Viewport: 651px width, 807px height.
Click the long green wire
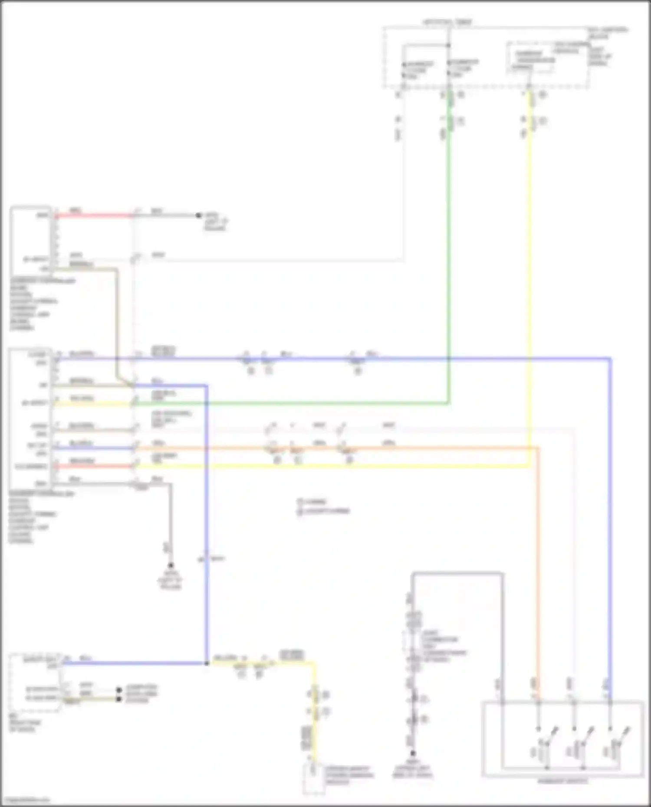tap(449, 260)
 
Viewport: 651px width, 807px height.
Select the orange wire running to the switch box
tap(538, 564)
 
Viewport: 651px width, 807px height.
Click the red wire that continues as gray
tap(93, 215)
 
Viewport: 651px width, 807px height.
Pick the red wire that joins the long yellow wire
tap(93, 466)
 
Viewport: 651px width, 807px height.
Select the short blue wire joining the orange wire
tap(93, 448)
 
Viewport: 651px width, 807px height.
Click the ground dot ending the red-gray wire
tap(198, 215)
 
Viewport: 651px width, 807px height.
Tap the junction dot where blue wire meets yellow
tap(207, 663)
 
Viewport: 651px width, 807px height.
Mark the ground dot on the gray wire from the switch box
tap(413, 753)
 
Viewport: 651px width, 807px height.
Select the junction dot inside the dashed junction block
tap(449, 45)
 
